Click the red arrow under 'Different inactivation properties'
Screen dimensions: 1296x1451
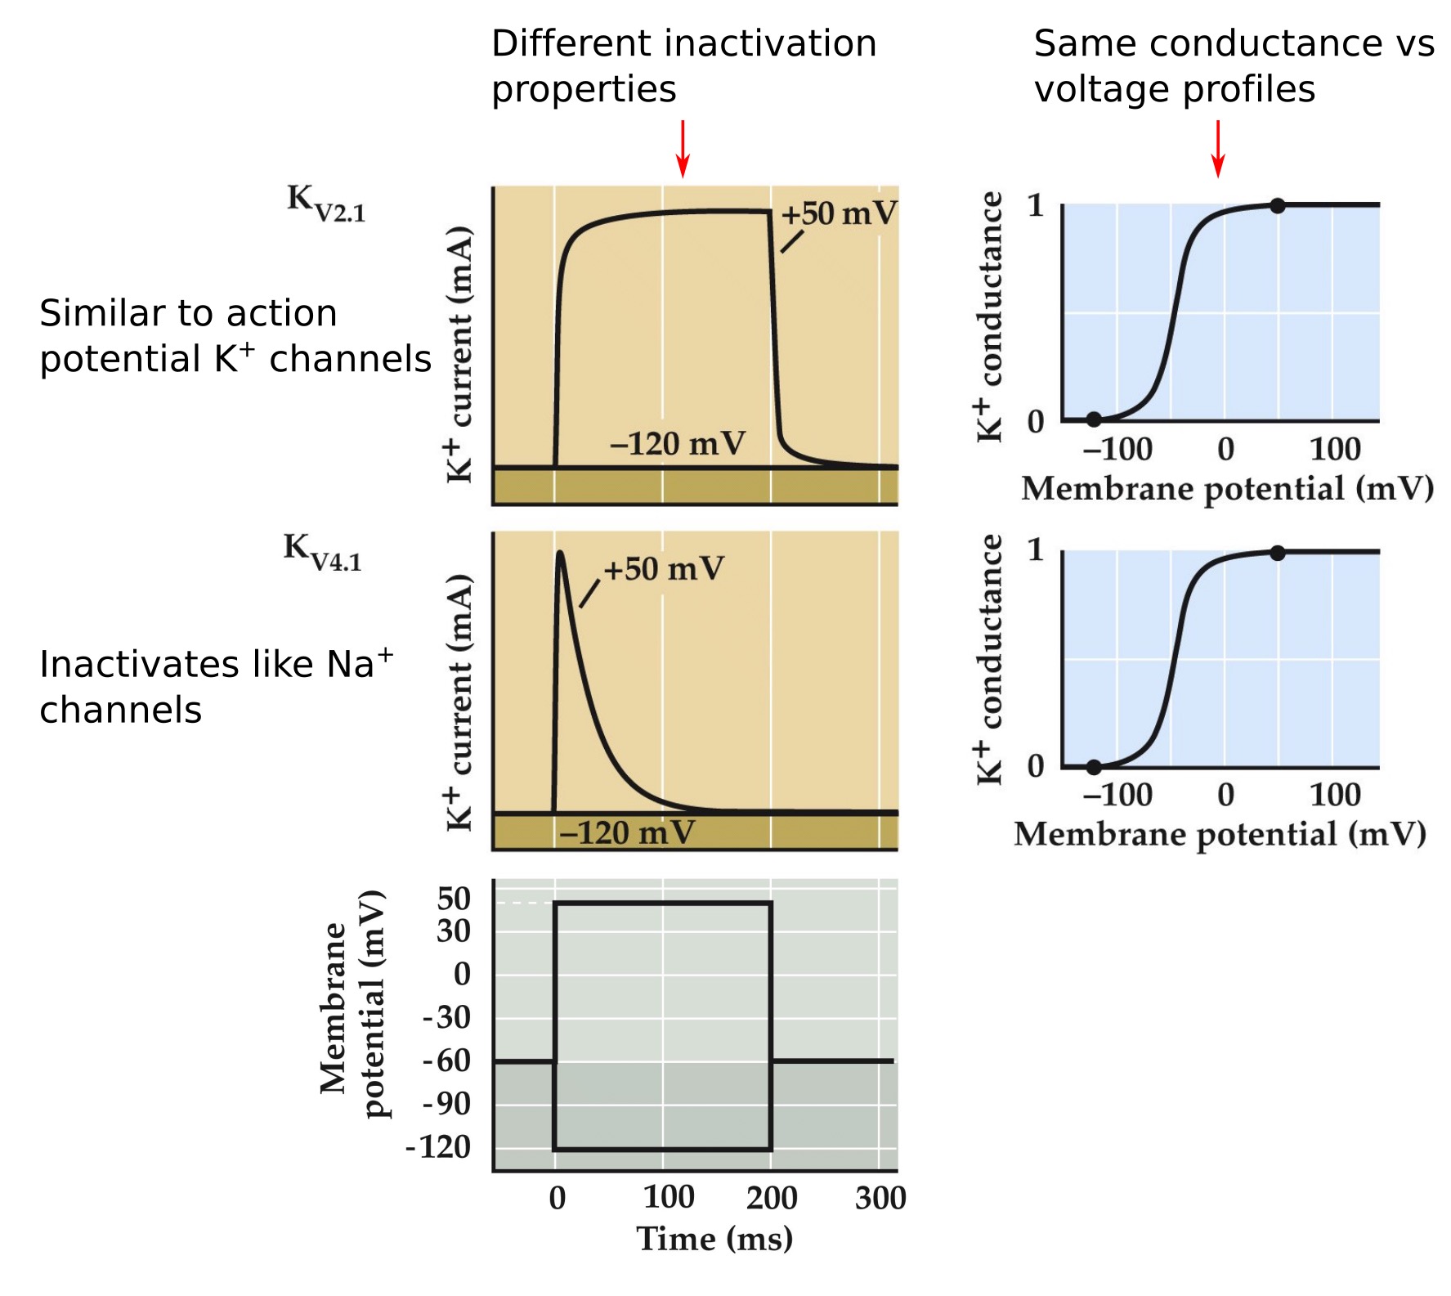pyautogui.click(x=683, y=149)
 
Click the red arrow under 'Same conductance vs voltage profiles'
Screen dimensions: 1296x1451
pyautogui.click(x=1218, y=149)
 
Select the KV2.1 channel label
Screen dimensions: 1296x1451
pyautogui.click(x=325, y=203)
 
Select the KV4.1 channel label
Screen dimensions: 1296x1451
pyautogui.click(x=322, y=552)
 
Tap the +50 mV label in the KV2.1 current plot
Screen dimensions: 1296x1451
pyautogui.click(x=839, y=214)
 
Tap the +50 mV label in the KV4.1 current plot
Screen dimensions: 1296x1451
pyautogui.click(x=663, y=569)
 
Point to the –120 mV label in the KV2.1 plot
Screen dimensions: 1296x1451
pyautogui.click(x=678, y=444)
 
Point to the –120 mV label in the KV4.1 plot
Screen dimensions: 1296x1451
pyautogui.click(x=627, y=833)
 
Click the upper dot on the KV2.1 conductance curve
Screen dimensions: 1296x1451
pyautogui.click(x=1278, y=206)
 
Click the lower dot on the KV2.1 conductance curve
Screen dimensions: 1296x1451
pyautogui.click(x=1094, y=420)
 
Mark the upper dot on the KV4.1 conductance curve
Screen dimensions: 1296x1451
pyautogui.click(x=1278, y=554)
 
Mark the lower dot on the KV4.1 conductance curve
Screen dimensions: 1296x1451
pyautogui.click(x=1094, y=767)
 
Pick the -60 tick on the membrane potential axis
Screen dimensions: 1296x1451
pyautogui.click(x=447, y=1061)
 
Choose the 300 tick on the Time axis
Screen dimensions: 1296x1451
pyautogui.click(x=880, y=1199)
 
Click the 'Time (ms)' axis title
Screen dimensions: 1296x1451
pyautogui.click(x=714, y=1240)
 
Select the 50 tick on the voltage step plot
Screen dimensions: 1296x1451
pyautogui.click(x=454, y=899)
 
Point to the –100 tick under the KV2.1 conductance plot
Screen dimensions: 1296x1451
pyautogui.click(x=1117, y=450)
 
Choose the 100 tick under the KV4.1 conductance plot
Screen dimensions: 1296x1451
pyautogui.click(x=1335, y=796)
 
